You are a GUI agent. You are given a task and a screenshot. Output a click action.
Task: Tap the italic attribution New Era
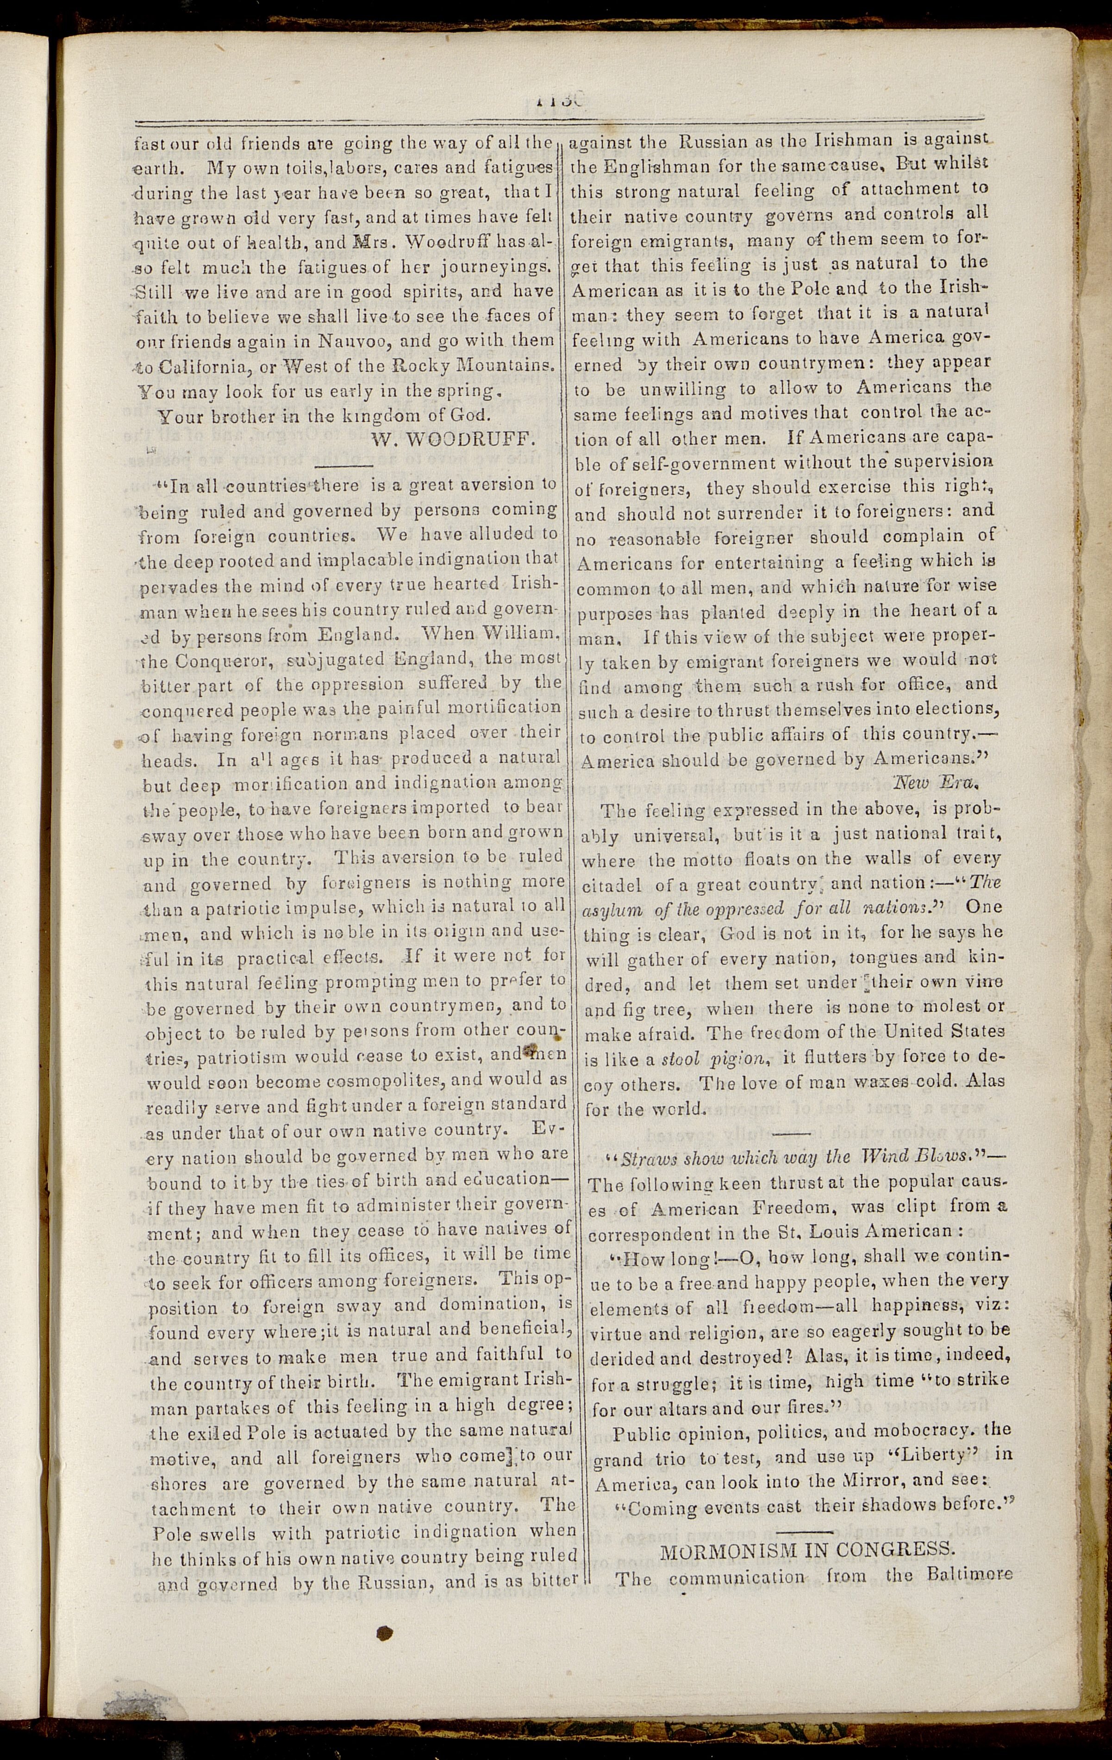click(936, 783)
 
